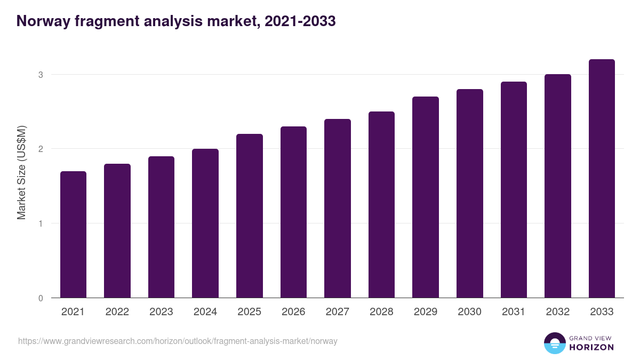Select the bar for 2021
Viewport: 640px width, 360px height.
[x=73, y=235]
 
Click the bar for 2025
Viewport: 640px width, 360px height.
[x=250, y=216]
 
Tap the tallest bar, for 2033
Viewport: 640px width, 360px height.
[x=602, y=179]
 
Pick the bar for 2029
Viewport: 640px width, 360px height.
[x=426, y=197]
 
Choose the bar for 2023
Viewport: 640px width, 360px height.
[x=161, y=227]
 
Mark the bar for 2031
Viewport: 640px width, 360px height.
[x=514, y=190]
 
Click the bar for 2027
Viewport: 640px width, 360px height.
[x=338, y=209]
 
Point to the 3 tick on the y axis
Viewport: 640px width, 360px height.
[x=40, y=75]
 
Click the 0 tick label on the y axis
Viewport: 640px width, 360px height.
[x=40, y=298]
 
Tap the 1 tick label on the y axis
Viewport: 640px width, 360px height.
[x=40, y=223]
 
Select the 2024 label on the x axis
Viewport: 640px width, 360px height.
[x=205, y=312]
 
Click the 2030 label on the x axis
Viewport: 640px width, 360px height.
[x=469, y=312]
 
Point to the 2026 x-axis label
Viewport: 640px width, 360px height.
[x=293, y=312]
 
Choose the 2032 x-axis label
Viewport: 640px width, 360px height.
[x=557, y=312]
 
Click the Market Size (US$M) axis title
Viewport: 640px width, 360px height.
[x=21, y=172]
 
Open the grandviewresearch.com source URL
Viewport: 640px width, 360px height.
[x=178, y=341]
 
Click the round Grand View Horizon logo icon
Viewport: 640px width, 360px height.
[x=554, y=343]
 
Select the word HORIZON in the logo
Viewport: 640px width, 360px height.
[x=591, y=347]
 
